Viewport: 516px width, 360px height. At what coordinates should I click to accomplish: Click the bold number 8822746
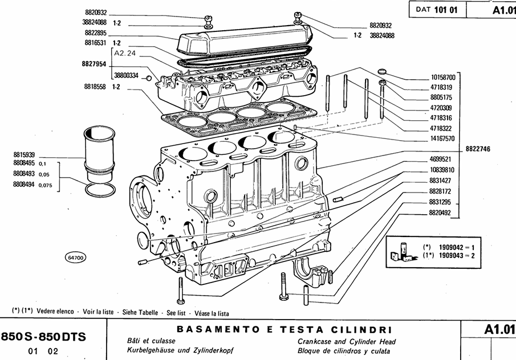pyautogui.click(x=478, y=149)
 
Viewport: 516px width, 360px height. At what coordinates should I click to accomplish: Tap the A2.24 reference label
pyautogui.click(x=125, y=53)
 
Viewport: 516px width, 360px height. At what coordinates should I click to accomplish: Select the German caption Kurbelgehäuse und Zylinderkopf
pyautogui.click(x=182, y=350)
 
